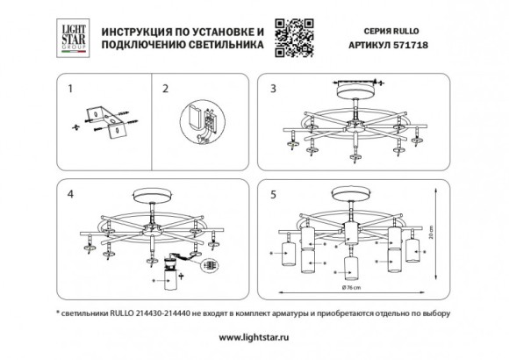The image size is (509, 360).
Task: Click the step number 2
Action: tap(162, 89)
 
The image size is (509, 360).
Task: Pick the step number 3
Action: tap(273, 89)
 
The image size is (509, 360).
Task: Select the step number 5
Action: tap(273, 192)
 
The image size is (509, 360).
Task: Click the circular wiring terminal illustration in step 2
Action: tap(203, 122)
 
